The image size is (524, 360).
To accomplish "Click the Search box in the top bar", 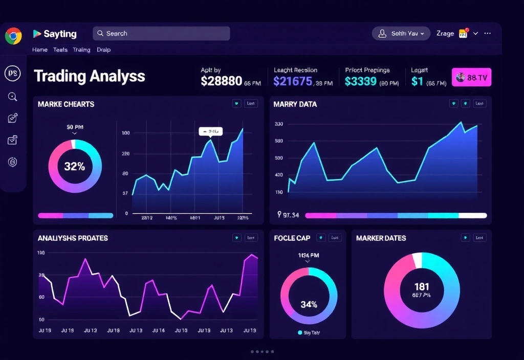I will pyautogui.click(x=161, y=34).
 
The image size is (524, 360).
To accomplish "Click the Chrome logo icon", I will pyautogui.click(x=13, y=36).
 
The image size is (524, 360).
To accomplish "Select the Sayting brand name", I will pyautogui.click(x=60, y=34).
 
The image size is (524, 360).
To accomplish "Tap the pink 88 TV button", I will pyautogui.click(x=471, y=77).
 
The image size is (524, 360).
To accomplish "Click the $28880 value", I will pyautogui.click(x=221, y=81).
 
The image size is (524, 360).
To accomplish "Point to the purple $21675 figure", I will pyautogui.click(x=293, y=81).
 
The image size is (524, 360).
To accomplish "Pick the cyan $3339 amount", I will pyautogui.click(x=361, y=81).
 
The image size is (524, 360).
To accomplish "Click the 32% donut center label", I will pyautogui.click(x=75, y=166).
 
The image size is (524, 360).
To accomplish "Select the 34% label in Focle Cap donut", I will pyautogui.click(x=309, y=304).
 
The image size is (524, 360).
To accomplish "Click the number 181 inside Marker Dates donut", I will pyautogui.click(x=422, y=287).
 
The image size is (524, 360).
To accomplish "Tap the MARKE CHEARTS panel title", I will pyautogui.click(x=66, y=104).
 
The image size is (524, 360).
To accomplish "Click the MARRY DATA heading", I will pyautogui.click(x=295, y=104).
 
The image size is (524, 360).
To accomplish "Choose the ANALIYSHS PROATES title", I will pyautogui.click(x=73, y=238).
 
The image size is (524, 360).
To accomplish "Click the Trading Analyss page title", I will pyautogui.click(x=90, y=77).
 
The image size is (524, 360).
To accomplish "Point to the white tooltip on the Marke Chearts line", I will pyautogui.click(x=211, y=131).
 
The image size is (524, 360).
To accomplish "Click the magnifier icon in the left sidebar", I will pyautogui.click(x=13, y=97).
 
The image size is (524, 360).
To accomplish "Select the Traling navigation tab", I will pyautogui.click(x=81, y=50).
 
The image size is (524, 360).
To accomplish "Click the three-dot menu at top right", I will pyautogui.click(x=487, y=33).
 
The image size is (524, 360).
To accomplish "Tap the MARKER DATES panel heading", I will pyautogui.click(x=381, y=238).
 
